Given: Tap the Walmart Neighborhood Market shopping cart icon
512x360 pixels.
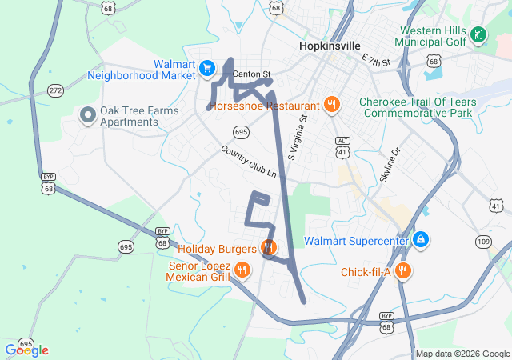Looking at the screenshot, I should (207, 66).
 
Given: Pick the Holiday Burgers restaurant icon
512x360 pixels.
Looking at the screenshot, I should (269, 247).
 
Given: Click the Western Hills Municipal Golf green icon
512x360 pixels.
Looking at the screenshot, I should (478, 35).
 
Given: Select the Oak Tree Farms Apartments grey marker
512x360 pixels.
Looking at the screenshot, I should (87, 116).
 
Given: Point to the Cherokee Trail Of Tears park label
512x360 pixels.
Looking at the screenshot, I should (418, 107).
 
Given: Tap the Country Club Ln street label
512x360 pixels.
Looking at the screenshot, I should (249, 162).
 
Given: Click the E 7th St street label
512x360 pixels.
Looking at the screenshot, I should (375, 61).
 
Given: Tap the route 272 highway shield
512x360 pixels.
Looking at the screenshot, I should (55, 90).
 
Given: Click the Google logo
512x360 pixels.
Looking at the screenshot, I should (26, 350).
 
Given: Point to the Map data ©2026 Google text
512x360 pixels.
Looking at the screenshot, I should (462, 354).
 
